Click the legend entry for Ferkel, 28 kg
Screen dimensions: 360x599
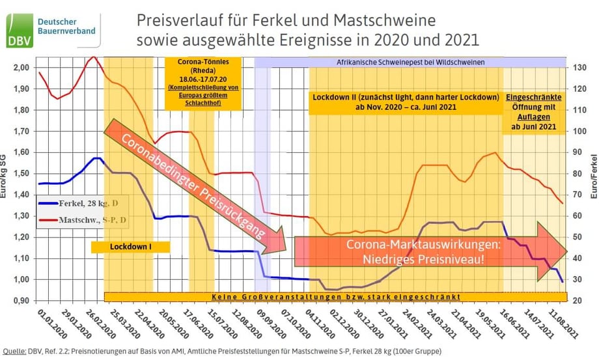coord(85,206)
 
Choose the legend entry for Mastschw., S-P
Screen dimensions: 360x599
coord(85,221)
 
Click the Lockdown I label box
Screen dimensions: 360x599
coord(130,247)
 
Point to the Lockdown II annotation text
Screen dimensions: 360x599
coord(406,102)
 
